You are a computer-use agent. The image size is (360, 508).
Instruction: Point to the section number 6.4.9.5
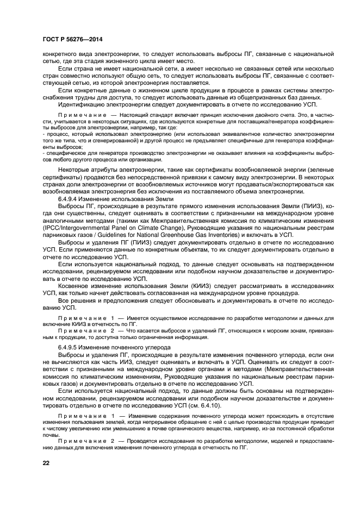(x=69, y=346)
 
